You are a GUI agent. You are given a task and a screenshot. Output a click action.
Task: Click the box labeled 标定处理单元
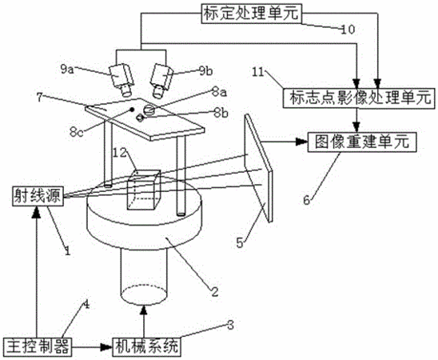252,14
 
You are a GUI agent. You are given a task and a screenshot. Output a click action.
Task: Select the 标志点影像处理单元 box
359,98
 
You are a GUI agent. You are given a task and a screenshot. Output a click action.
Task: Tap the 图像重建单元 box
362,142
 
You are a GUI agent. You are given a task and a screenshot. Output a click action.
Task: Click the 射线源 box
38,196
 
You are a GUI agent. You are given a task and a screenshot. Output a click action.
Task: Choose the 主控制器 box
38,347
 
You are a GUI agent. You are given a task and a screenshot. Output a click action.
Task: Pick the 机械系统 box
145,347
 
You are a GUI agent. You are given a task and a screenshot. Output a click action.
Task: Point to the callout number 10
348,30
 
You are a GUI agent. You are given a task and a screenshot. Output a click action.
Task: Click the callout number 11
258,72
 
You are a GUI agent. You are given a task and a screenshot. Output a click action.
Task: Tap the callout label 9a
67,70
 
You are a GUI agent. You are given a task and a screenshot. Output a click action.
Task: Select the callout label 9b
206,71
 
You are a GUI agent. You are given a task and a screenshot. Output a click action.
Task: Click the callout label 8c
77,132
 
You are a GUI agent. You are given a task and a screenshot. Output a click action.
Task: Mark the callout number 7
40,98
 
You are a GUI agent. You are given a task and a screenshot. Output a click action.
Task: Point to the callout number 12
120,153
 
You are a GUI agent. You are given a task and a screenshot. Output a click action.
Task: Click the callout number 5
240,242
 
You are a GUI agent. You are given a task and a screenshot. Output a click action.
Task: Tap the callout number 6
307,200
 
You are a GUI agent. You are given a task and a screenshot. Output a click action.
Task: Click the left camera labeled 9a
122,79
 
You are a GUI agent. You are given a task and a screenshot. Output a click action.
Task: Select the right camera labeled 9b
161,81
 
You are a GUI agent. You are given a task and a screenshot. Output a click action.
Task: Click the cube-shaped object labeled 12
144,190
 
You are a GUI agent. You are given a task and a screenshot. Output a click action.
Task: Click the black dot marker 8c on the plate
132,110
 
